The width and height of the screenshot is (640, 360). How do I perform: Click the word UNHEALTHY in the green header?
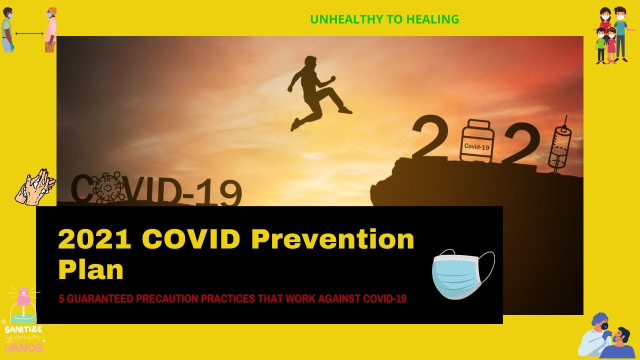pos(346,19)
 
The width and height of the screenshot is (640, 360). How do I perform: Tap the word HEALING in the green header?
pos(432,19)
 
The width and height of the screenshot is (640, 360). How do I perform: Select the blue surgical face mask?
pos(463,274)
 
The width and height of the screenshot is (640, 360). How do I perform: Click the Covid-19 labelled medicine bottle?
pos(476,141)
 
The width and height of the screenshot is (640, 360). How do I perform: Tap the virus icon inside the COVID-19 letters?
pos(107,187)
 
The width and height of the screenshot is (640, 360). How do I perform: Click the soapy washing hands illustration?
pos(35,187)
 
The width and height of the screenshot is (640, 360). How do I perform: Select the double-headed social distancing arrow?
pos(29,33)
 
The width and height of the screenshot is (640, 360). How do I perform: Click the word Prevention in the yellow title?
pos(333,239)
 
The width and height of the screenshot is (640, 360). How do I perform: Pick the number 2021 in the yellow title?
pos(94,239)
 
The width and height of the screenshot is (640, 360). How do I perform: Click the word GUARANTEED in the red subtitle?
pos(99,299)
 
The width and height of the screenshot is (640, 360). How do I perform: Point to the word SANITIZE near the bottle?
pos(23,329)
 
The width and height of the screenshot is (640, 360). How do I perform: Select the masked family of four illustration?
pos(613,35)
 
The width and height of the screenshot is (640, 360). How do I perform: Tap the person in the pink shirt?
pos(51,30)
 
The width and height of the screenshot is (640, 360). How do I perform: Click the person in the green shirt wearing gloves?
pos(7,30)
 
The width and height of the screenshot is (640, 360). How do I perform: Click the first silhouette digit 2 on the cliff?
pos(430,136)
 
